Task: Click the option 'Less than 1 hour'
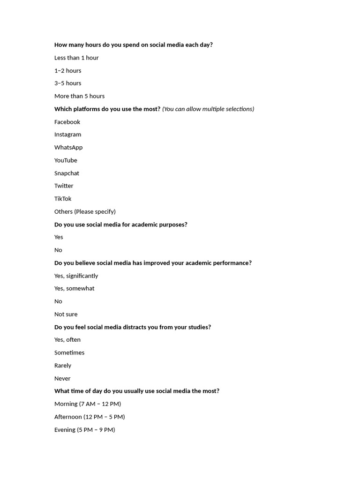(76, 58)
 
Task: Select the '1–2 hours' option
(67, 70)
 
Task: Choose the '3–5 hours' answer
(67, 83)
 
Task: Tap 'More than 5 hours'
(79, 96)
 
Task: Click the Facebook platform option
(67, 122)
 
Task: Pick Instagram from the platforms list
(67, 135)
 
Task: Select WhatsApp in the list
(68, 147)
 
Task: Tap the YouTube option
(66, 160)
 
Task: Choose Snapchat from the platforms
(67, 173)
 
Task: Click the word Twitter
(64, 186)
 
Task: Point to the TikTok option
(63, 199)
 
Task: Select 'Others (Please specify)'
(85, 211)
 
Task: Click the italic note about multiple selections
(208, 109)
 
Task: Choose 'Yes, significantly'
(76, 276)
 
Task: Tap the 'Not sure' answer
(66, 314)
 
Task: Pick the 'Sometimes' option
(69, 352)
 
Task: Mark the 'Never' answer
(62, 378)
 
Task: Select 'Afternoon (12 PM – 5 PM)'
(90, 417)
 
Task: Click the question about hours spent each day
(134, 45)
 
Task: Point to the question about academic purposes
(120, 225)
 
